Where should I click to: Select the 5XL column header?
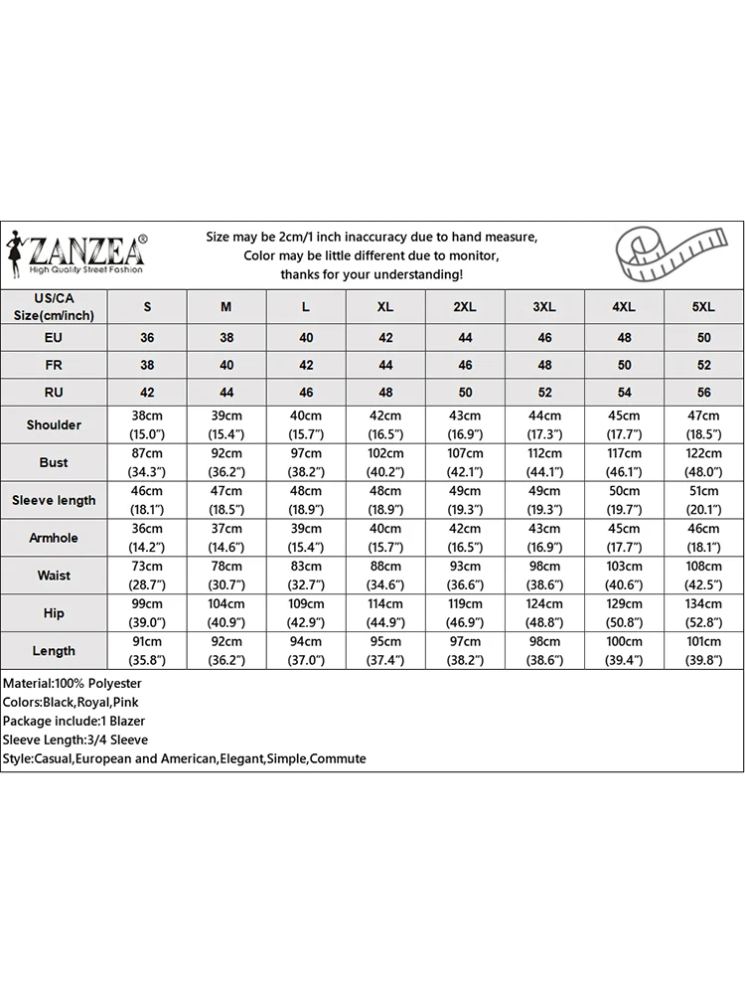coord(703,307)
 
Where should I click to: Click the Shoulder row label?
coord(54,424)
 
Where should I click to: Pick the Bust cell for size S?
coord(147,462)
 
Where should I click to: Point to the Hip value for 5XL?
coord(703,613)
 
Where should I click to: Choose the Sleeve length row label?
coord(54,500)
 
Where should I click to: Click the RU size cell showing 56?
coord(703,393)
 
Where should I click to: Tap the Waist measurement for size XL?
coord(385,576)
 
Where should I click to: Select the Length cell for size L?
coord(306,651)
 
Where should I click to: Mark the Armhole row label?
coord(54,538)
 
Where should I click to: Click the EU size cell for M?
coord(226,338)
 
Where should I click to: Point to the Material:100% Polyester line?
coord(73,684)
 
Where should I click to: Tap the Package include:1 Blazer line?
coord(75,721)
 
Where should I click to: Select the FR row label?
coord(54,365)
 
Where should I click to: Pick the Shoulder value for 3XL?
coord(544,424)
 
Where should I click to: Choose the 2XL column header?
coord(465,307)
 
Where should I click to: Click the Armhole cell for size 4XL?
coord(624,538)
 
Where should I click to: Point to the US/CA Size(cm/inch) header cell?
coord(54,306)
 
